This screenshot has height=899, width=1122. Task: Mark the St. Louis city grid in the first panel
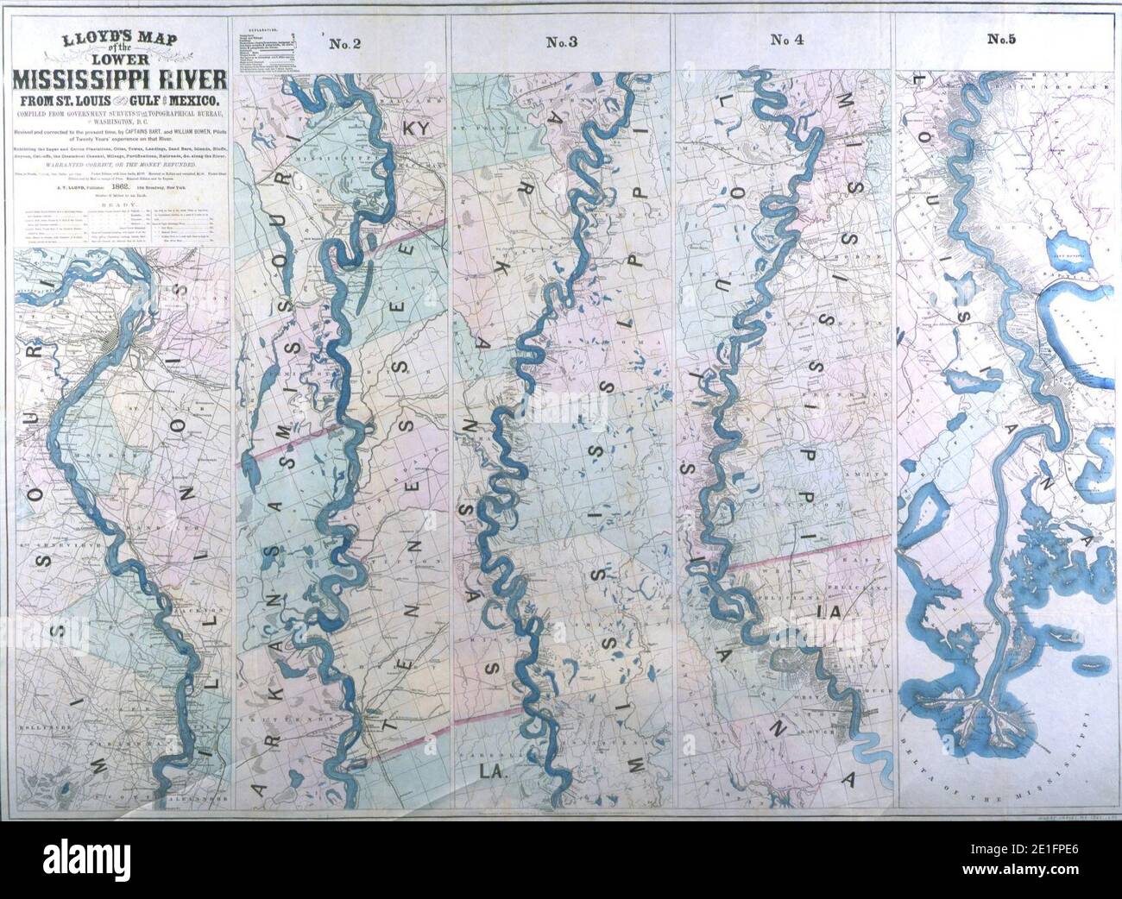pos(113,345)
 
